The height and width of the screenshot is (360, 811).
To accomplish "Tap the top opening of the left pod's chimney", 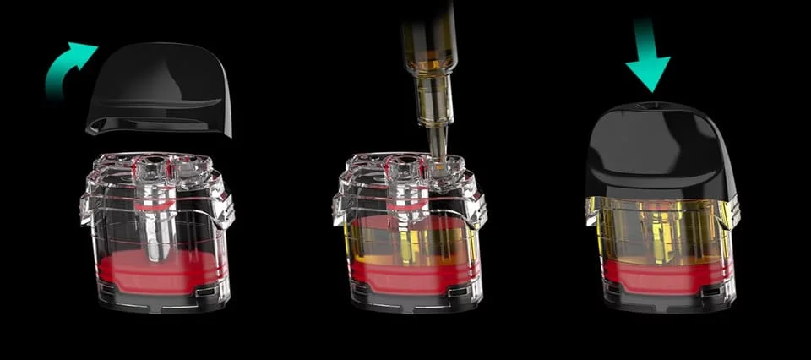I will click(x=154, y=161).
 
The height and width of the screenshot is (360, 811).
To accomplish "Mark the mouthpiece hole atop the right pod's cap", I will click(x=649, y=105).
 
